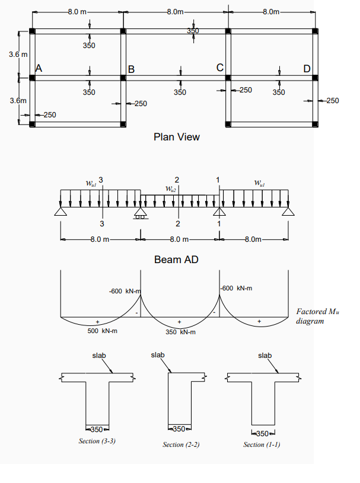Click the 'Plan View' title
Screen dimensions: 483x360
click(x=177, y=137)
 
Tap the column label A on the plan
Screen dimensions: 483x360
click(x=39, y=68)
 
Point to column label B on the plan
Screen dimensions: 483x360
click(x=132, y=69)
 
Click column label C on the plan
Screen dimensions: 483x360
click(x=219, y=68)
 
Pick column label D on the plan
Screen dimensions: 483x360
click(x=307, y=68)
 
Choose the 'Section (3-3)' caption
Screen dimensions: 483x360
click(x=97, y=441)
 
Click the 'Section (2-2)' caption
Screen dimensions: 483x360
click(x=181, y=444)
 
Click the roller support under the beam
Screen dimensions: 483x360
click(x=141, y=213)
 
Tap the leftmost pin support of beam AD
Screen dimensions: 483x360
click(x=60, y=212)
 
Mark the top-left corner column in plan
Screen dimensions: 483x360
click(x=32, y=31)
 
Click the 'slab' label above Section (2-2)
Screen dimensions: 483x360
click(x=157, y=355)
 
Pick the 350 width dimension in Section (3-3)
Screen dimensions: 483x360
click(x=97, y=428)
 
